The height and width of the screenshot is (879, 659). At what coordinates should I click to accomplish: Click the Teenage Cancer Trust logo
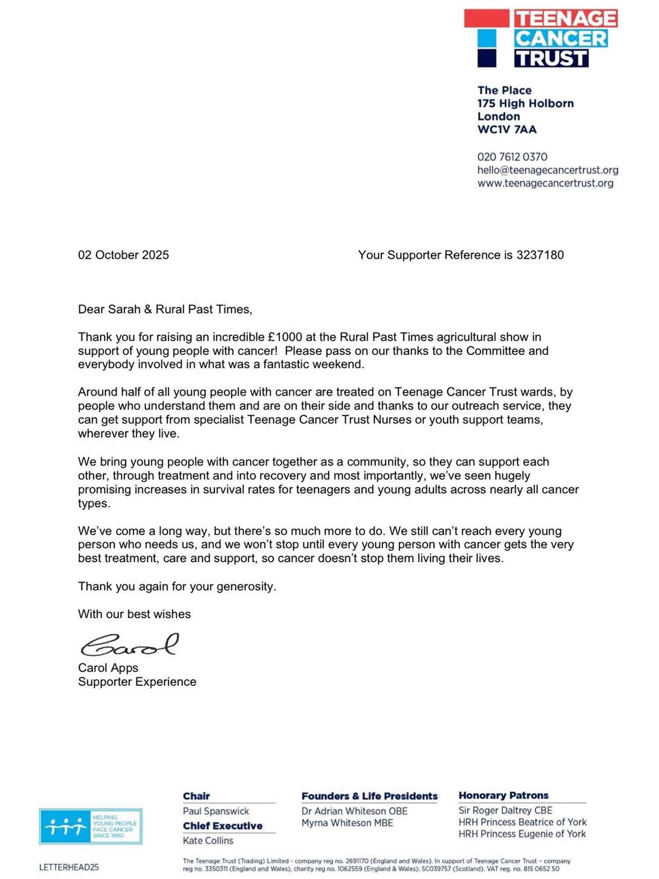tap(540, 38)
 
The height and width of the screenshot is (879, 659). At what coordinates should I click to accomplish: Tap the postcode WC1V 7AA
tap(507, 130)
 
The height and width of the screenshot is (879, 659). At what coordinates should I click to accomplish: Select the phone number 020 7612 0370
tap(512, 157)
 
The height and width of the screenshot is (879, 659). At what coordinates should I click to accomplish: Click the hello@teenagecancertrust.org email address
tap(547, 170)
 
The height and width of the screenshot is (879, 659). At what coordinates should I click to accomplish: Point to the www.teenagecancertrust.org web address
tap(545, 183)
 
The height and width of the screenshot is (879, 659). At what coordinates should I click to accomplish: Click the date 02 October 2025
tap(123, 255)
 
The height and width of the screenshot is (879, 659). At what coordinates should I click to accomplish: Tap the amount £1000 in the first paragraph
tap(285, 337)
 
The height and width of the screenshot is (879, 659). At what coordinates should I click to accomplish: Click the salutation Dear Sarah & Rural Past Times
tap(165, 309)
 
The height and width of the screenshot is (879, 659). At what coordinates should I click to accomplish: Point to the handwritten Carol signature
tap(130, 645)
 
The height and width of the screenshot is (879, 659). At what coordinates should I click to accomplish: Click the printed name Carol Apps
tap(108, 668)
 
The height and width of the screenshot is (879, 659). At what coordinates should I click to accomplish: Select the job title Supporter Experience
tap(137, 682)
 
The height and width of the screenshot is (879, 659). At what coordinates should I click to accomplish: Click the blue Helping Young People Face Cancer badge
tap(91, 826)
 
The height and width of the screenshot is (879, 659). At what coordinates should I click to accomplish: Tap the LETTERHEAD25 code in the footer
tap(69, 867)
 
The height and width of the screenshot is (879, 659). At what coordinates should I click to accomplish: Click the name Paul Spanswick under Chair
tap(216, 811)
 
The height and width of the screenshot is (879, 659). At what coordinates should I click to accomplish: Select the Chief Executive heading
tap(222, 826)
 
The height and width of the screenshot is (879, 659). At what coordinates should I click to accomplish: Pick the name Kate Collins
tap(208, 840)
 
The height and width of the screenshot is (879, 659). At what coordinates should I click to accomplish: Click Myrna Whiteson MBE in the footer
tap(347, 823)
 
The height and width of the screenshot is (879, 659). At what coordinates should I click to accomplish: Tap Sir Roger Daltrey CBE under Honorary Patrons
tap(505, 810)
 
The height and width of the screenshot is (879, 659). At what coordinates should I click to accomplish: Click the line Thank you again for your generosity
tap(177, 586)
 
